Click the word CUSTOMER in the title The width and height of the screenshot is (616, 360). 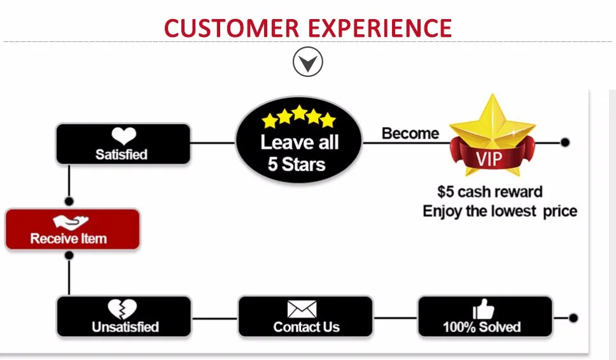click(232, 28)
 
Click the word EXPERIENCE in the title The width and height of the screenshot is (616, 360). click(381, 28)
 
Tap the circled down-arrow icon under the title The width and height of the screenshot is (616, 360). click(308, 63)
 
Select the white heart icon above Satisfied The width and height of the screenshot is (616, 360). click(123, 136)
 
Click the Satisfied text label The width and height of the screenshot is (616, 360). click(122, 155)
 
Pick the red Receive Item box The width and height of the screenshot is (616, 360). click(72, 229)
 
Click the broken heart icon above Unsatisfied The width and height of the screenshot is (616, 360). click(122, 309)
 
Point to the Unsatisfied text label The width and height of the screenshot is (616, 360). click(125, 327)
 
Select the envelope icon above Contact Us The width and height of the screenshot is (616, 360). click(302, 309)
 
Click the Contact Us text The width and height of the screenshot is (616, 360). click(306, 327)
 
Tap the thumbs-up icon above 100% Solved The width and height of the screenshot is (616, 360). click(484, 309)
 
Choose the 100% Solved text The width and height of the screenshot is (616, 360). click(482, 327)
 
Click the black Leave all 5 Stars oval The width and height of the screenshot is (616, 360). click(298, 142)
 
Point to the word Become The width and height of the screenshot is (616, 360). click(410, 134)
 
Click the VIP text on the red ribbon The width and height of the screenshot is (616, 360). click(490, 156)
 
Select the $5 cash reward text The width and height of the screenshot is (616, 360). click(490, 191)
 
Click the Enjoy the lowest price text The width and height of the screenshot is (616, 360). click(500, 211)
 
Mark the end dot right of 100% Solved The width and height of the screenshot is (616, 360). click(573, 317)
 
